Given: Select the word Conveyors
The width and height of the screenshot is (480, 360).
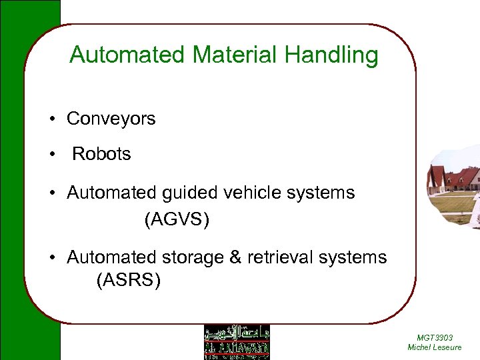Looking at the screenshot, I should click(111, 119).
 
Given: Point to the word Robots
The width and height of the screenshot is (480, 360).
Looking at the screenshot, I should click(101, 154).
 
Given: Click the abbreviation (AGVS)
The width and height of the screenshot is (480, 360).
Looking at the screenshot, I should click(177, 219).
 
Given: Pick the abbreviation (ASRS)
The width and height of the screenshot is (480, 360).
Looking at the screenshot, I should click(129, 281).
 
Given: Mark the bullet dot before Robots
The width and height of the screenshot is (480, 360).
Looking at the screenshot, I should click(51, 155).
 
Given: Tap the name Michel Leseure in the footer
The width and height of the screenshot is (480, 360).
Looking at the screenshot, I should click(434, 347).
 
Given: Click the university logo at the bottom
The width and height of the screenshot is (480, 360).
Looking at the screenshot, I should click(237, 342).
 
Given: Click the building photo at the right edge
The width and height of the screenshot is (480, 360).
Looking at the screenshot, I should click(455, 187).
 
